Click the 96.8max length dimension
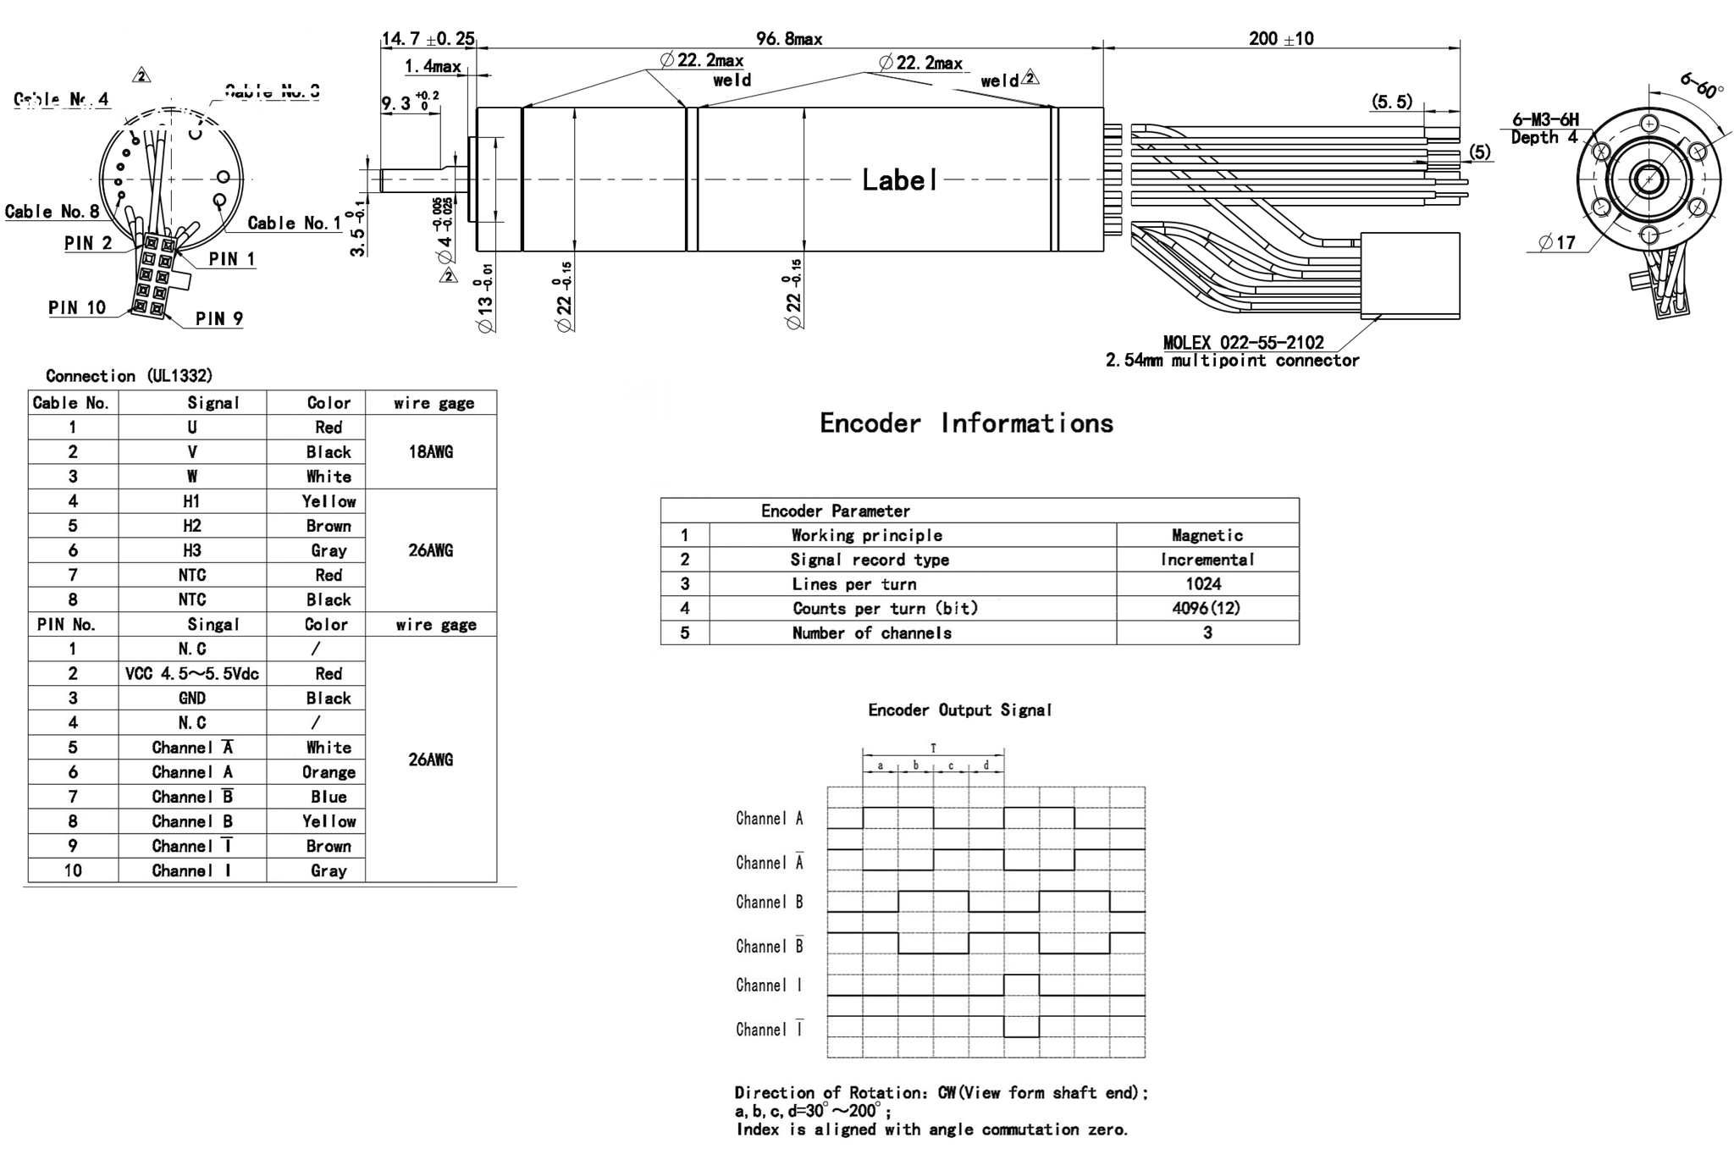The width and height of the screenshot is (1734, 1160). pos(788,38)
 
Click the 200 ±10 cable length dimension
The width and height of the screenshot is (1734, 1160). pos(1281,38)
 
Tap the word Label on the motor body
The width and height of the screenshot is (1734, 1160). pos(899,180)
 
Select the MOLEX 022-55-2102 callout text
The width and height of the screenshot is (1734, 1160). pos(1243,342)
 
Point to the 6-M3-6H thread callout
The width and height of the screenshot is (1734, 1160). pos(1545,119)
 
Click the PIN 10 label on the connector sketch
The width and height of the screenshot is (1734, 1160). pos(77,307)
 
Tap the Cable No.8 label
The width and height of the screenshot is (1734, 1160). pos(52,211)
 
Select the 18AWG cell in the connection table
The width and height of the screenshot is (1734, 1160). pos(431,451)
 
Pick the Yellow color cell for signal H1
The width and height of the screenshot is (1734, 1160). pos(329,501)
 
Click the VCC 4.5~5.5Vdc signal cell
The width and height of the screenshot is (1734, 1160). pos(192,673)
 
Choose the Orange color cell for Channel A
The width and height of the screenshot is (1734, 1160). pos(329,772)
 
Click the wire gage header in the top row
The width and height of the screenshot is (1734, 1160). pos(433,403)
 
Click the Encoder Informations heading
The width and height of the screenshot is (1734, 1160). pos(966,423)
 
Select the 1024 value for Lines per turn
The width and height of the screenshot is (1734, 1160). pos(1203,583)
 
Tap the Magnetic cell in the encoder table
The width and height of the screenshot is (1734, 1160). pos(1207,535)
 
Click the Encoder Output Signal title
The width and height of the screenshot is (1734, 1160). pos(959,710)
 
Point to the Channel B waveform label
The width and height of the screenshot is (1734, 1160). pos(769,902)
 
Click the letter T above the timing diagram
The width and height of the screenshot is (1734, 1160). pos(933,748)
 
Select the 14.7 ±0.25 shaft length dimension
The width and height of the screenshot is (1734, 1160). pos(428,38)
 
